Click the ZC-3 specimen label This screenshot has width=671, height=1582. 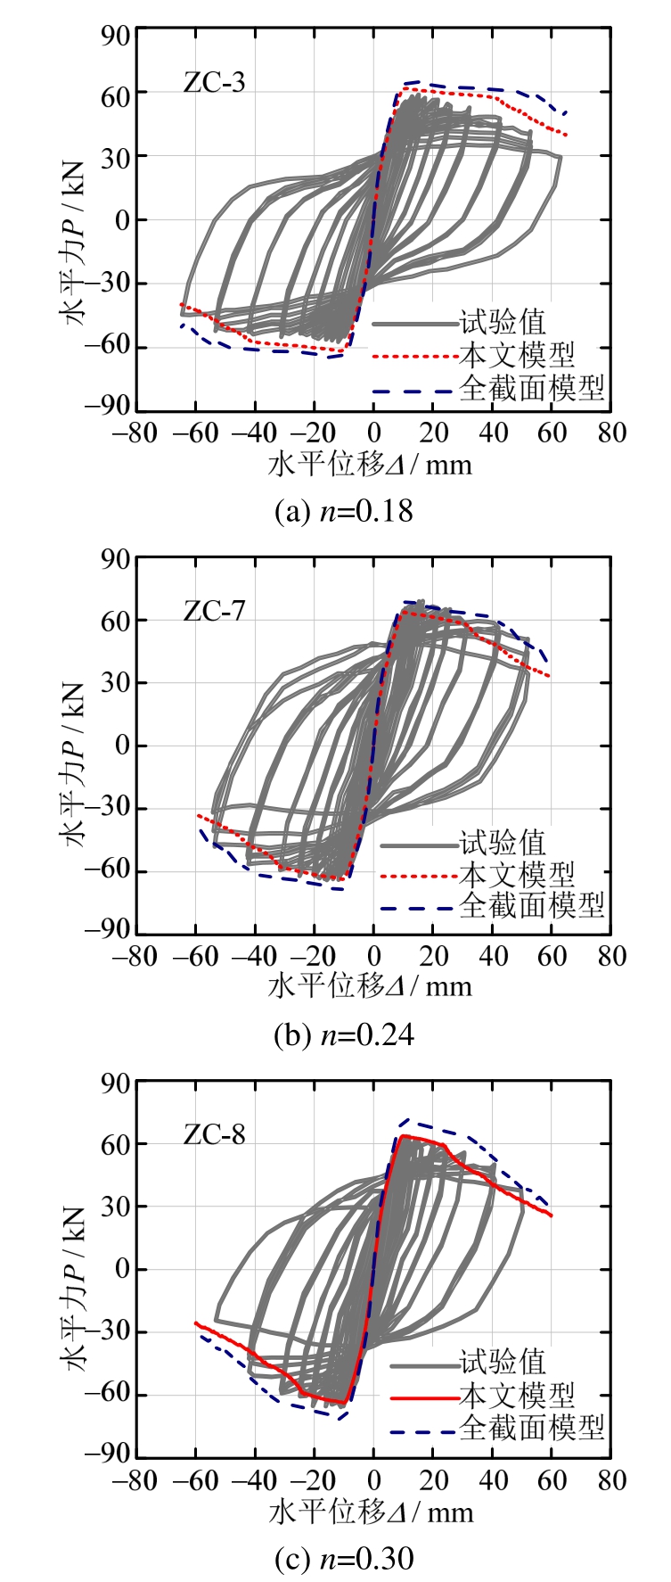pyautogui.click(x=214, y=83)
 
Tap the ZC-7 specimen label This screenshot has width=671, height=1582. pyautogui.click(x=214, y=611)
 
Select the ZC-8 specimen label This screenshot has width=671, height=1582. pyautogui.click(x=214, y=1134)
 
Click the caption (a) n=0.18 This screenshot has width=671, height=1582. pyautogui.click(x=344, y=511)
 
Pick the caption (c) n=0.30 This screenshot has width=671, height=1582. pyautogui.click(x=344, y=1558)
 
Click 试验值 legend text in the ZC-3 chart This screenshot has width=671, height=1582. pyautogui.click(x=502, y=323)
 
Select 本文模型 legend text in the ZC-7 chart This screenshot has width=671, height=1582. pyautogui.click(x=517, y=875)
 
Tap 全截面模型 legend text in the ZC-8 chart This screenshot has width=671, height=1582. pyautogui.click(x=532, y=1428)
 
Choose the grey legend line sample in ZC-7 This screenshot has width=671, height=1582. pyautogui.click(x=417, y=845)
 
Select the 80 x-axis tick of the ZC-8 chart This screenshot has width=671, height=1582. pyautogui.click(x=611, y=1480)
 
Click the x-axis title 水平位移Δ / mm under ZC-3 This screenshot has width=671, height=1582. pyautogui.click(x=370, y=465)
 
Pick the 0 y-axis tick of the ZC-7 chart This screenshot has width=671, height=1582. pyautogui.click(x=123, y=746)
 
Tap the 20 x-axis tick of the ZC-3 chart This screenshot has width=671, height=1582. pyautogui.click(x=434, y=433)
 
